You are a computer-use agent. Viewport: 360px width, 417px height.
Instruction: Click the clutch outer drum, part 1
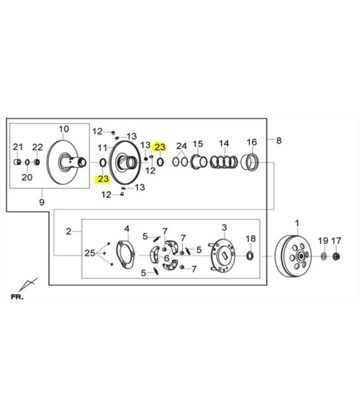[x=293, y=257]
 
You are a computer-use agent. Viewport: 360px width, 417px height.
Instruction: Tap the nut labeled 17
[x=337, y=257]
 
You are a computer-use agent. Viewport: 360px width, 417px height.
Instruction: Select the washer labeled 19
[x=323, y=257]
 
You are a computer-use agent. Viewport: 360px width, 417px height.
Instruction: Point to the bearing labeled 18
[x=250, y=256]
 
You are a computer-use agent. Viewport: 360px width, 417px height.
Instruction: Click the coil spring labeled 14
[x=224, y=162]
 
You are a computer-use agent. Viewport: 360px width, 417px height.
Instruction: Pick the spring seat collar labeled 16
[x=249, y=162]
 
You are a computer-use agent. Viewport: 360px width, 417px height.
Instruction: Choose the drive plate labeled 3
[x=222, y=256]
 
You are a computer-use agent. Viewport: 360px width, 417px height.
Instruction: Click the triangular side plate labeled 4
[x=126, y=255]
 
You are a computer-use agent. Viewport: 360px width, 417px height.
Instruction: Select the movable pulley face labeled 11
[x=125, y=162]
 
